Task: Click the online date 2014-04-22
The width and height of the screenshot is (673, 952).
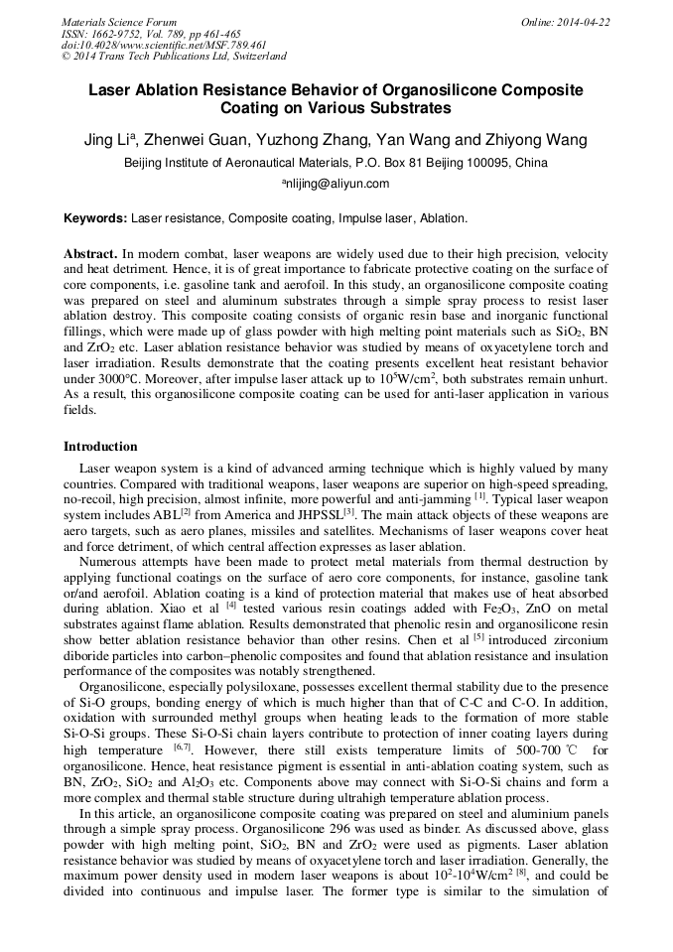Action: point(586,22)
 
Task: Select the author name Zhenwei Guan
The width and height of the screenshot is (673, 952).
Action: point(202,139)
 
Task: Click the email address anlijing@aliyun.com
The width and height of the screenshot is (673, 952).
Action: point(336,184)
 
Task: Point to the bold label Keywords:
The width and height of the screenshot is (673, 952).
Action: point(95,217)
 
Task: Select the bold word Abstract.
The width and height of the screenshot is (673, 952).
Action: point(90,254)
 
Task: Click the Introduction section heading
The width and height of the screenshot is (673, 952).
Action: point(100,447)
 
